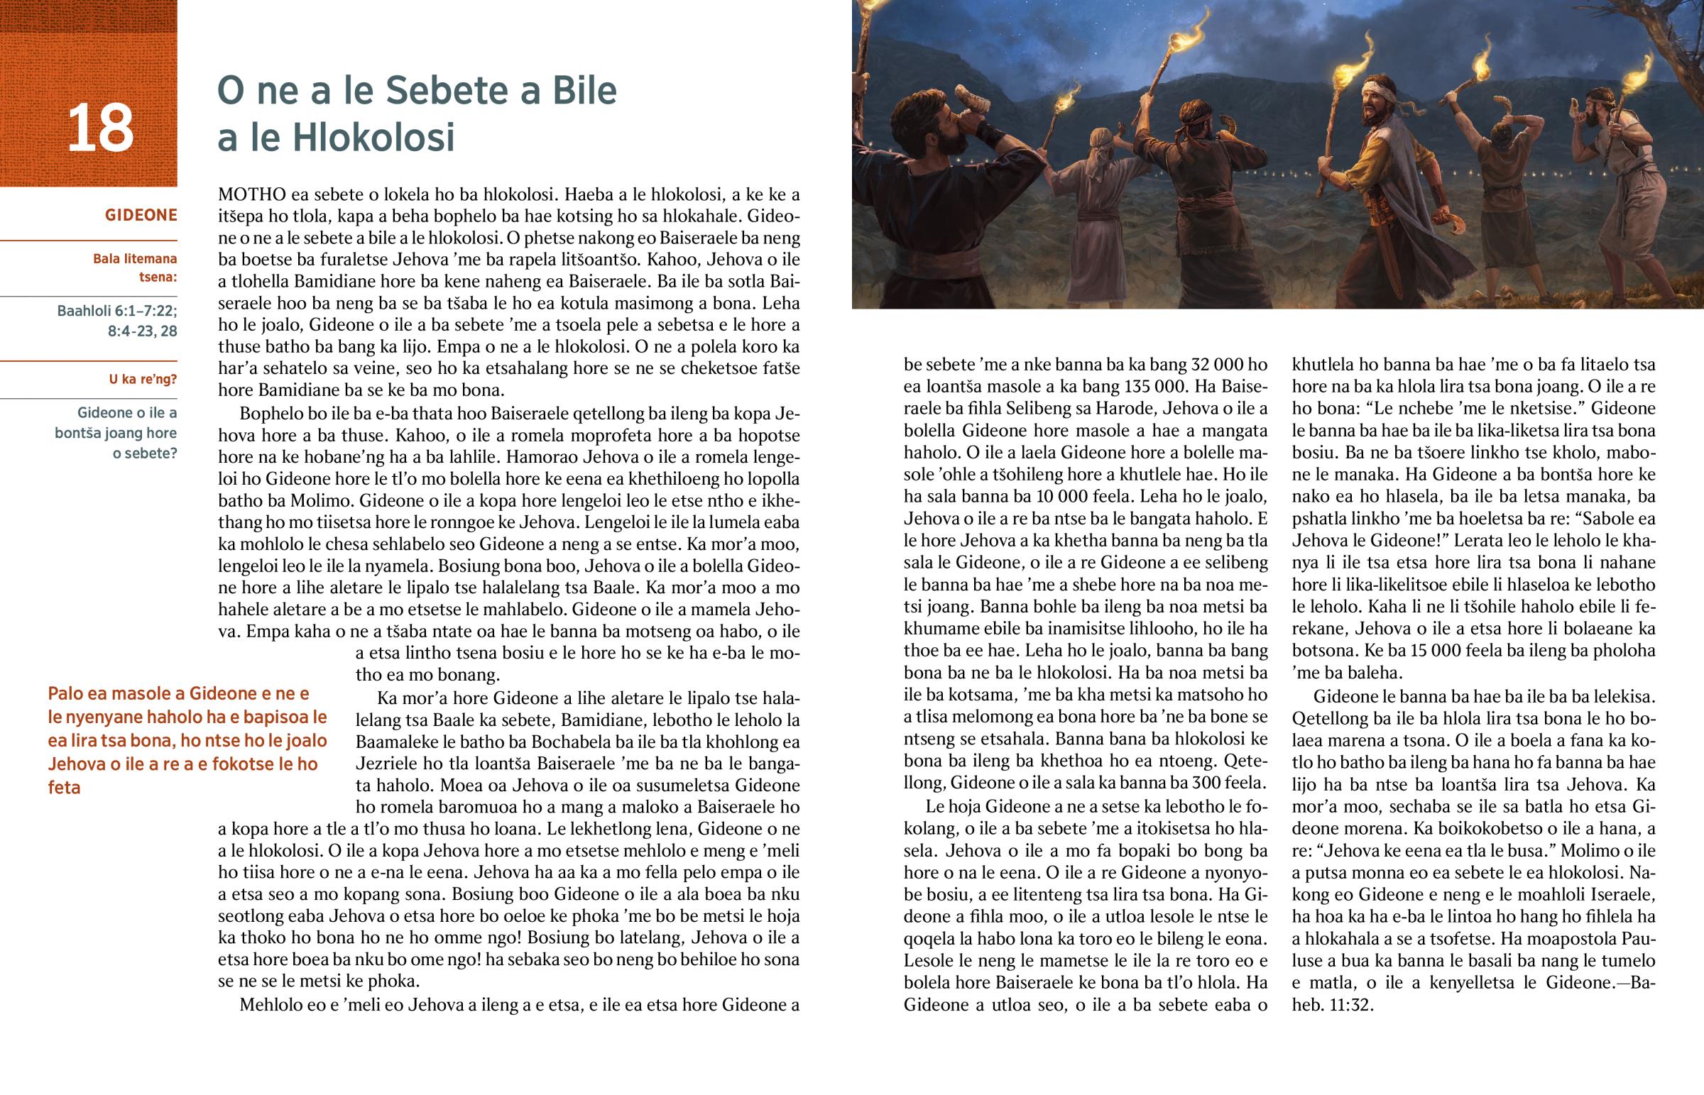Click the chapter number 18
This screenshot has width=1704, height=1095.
(100, 128)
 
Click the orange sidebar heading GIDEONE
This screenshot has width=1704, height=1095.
(141, 215)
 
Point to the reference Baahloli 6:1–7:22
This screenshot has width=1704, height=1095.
(117, 311)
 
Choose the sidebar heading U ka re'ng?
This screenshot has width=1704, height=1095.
(142, 379)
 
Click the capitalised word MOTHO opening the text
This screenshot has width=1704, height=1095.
(252, 194)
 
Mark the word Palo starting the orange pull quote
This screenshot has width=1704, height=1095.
(69, 693)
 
